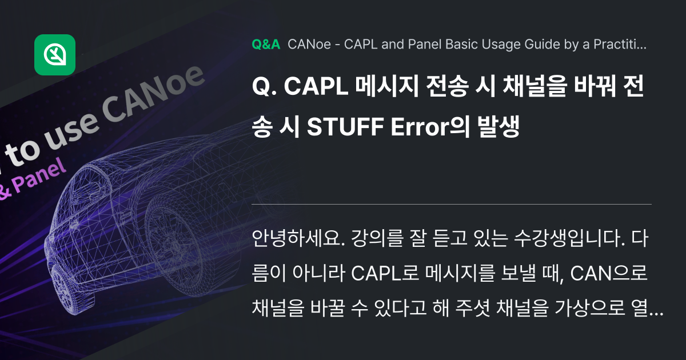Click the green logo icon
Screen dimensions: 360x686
click(x=55, y=55)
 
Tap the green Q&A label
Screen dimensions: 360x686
click(x=265, y=45)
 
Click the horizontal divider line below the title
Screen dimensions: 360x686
click(x=452, y=204)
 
